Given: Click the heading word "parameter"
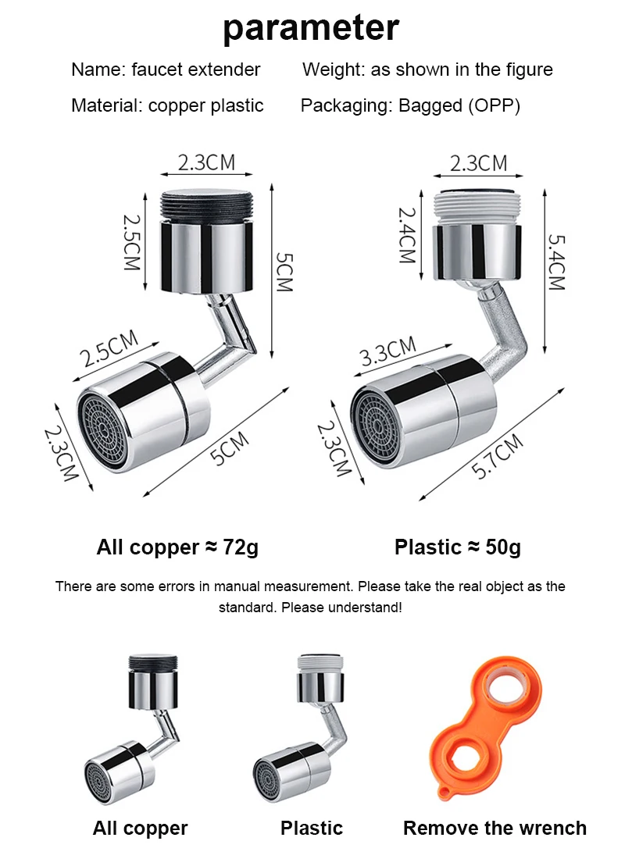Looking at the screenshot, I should click(311, 29).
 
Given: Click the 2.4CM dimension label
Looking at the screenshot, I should click(408, 234).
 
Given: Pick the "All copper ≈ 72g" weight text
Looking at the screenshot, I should click(177, 547).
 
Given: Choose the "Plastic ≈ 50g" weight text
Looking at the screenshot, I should click(457, 547).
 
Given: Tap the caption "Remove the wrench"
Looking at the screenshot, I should click(495, 829).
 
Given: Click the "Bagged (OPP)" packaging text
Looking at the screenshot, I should click(459, 106).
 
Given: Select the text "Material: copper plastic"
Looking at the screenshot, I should click(167, 106).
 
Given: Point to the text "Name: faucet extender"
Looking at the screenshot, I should click(166, 70).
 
